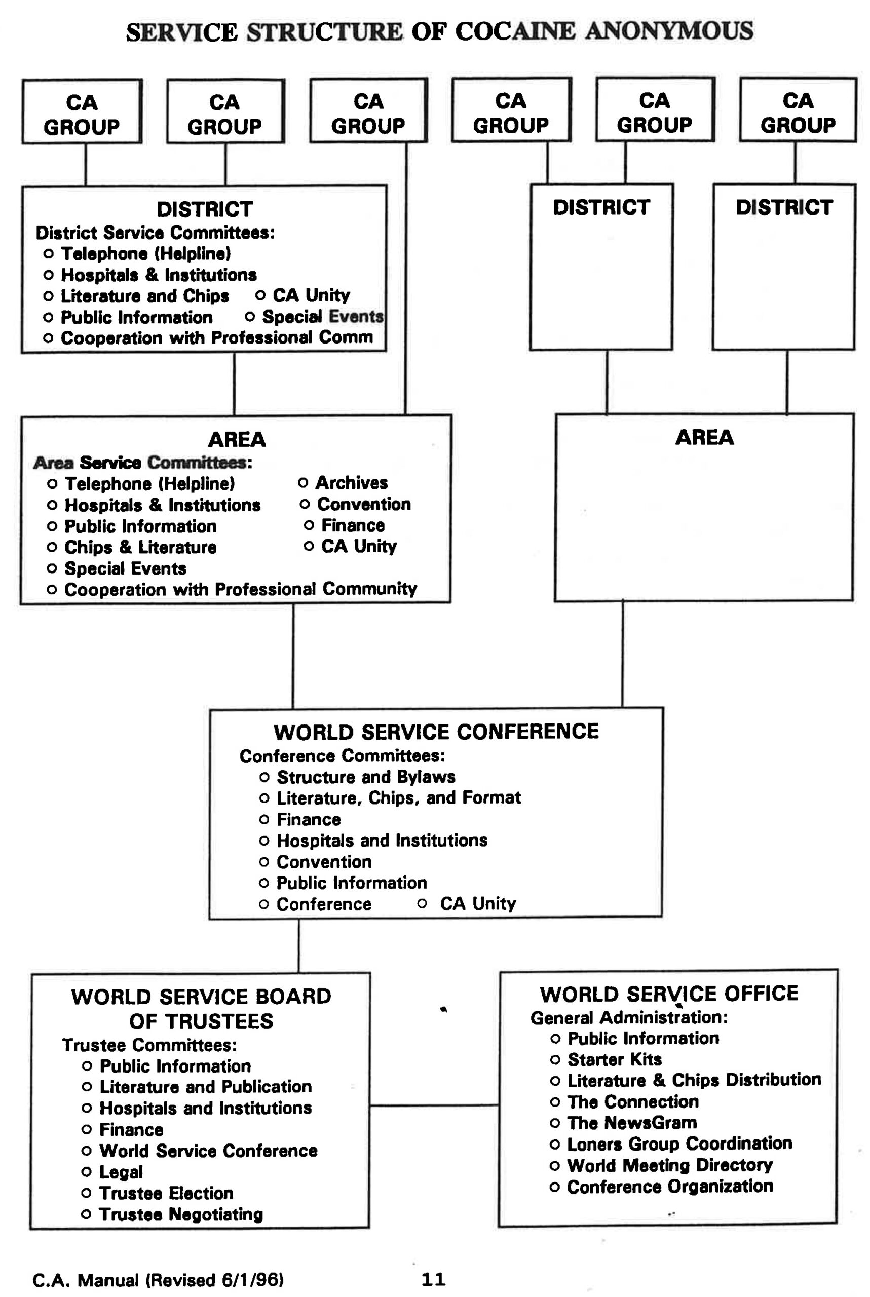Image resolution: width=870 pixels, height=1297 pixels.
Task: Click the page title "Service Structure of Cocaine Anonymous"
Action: [x=439, y=31]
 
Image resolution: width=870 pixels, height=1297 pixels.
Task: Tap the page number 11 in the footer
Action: [x=433, y=1279]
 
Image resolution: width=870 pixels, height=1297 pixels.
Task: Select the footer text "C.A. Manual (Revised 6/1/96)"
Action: [x=158, y=1280]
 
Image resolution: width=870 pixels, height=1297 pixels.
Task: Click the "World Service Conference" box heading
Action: [x=436, y=732]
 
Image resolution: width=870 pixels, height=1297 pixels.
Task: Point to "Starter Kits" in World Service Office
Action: [x=614, y=1059]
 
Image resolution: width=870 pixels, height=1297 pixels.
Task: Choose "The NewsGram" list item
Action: [x=631, y=1122]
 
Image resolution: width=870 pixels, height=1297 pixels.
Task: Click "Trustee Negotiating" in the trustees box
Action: [x=181, y=1214]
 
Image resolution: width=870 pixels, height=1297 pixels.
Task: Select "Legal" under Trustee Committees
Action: [x=121, y=1172]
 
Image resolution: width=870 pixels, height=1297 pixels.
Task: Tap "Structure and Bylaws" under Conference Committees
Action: [x=366, y=777]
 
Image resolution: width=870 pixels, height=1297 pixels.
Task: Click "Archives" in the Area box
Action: [x=351, y=483]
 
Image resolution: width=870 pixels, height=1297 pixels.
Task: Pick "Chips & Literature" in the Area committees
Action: [x=140, y=547]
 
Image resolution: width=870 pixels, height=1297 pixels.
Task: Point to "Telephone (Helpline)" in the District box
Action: [x=146, y=253]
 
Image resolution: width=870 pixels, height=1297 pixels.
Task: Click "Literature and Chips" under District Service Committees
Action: [x=145, y=296]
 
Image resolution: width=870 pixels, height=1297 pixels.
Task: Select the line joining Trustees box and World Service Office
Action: [x=434, y=1105]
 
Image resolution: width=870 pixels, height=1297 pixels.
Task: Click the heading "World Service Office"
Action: [x=669, y=994]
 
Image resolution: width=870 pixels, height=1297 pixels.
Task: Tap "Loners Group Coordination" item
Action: [x=679, y=1143]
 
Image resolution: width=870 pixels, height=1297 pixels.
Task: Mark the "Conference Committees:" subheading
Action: [x=343, y=755]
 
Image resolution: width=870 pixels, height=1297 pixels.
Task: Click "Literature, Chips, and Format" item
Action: [x=398, y=798]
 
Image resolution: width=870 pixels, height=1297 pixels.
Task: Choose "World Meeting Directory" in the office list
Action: [x=670, y=1165]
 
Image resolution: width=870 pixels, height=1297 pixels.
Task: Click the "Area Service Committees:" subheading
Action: [x=142, y=462]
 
